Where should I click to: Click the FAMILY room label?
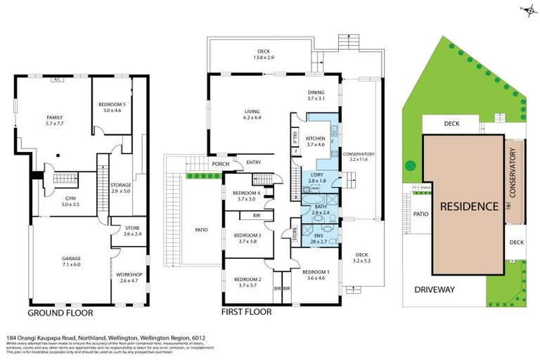click(x=54, y=117)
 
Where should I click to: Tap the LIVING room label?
click(x=252, y=111)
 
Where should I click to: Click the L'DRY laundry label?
click(x=316, y=176)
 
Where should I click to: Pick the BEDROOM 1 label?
click(x=316, y=271)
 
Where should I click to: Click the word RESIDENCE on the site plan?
click(x=470, y=207)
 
